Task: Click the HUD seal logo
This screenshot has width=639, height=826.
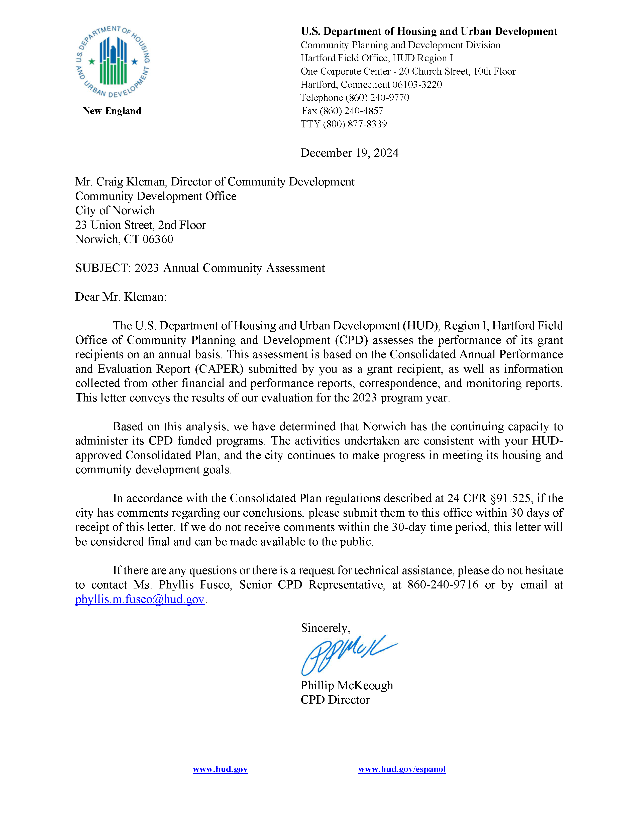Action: (113, 61)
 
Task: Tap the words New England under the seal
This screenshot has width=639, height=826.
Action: (112, 111)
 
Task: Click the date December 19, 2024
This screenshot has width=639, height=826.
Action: (349, 153)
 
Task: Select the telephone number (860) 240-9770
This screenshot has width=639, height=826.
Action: (377, 98)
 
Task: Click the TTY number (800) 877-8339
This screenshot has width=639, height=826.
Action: (355, 124)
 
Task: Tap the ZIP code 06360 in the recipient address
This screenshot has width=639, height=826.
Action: (158, 239)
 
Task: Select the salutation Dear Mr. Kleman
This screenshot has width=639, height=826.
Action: (120, 297)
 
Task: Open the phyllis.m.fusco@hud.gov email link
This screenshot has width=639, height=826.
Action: (140, 599)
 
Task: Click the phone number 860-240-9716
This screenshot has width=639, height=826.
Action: (443, 585)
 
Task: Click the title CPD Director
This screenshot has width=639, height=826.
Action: (335, 700)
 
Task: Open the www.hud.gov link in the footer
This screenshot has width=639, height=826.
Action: (220, 769)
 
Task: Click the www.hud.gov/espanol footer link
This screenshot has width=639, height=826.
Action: (402, 769)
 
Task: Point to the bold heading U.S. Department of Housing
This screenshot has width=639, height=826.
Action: (429, 31)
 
